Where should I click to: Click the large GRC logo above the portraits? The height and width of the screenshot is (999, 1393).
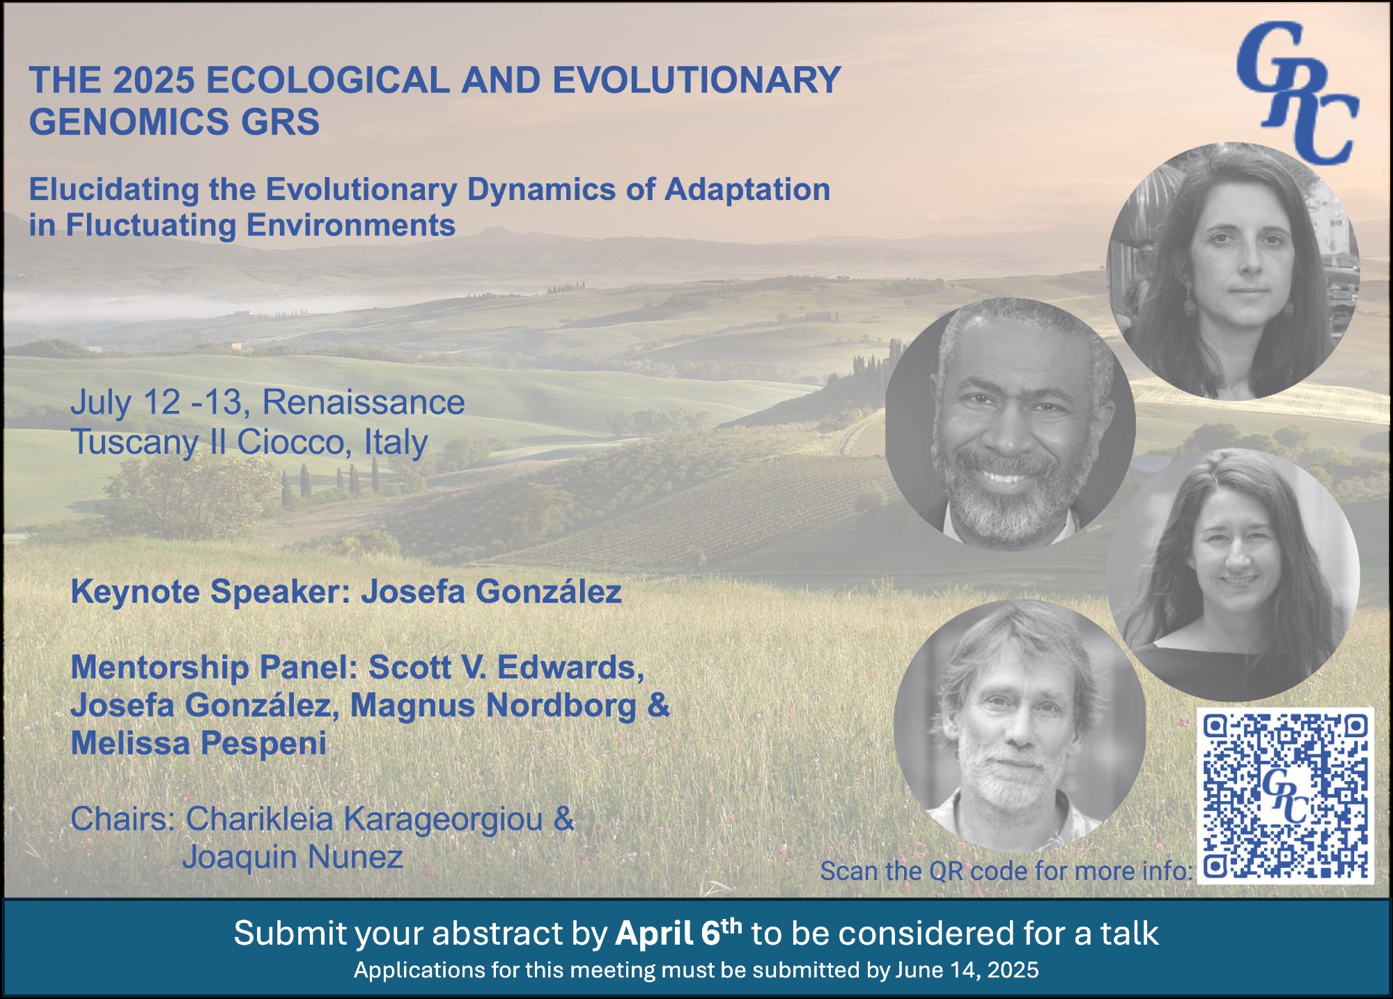[1297, 92]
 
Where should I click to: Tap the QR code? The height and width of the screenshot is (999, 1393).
[1286, 796]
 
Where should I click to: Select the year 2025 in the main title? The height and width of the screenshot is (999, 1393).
[153, 79]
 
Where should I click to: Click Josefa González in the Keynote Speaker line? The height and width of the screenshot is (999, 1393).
[491, 592]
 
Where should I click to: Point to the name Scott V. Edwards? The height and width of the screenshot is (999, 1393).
[506, 667]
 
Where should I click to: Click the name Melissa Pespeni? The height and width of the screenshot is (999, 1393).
[199, 743]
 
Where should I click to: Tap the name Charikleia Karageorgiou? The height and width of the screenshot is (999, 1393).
[364, 819]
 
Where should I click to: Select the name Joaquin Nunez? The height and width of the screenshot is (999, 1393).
[293, 857]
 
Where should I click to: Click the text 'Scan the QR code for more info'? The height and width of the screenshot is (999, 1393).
[1006, 871]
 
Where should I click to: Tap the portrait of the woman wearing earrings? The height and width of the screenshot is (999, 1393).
[1233, 272]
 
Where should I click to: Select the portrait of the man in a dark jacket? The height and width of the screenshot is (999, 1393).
[1010, 424]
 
